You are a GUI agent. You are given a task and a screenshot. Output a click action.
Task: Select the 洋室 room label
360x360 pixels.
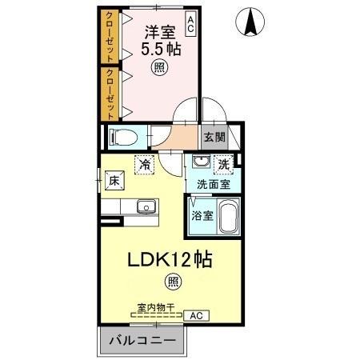[160, 34]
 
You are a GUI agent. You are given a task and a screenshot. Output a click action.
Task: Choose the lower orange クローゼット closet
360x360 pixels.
[107, 93]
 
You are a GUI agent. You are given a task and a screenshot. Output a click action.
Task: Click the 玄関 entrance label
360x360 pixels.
[212, 137]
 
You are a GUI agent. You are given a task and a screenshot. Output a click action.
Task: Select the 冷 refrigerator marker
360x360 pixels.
[146, 163]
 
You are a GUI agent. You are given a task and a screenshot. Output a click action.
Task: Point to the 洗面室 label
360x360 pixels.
[213, 184]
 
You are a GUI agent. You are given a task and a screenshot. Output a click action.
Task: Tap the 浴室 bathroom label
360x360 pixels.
[202, 215]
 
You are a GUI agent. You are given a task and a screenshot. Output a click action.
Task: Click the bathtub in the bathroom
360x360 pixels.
[228, 217]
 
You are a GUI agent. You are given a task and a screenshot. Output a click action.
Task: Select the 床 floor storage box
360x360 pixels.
[114, 182]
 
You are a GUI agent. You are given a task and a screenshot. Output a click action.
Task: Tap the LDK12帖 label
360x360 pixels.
[171, 261]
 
